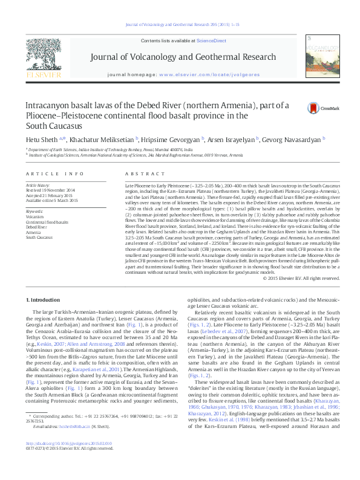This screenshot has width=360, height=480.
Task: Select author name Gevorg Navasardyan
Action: click(293, 139)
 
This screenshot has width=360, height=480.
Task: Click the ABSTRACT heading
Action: click(139, 173)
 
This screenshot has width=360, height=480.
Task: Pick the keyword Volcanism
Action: click(34, 216)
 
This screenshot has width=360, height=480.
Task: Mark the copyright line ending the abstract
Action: click(303, 278)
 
